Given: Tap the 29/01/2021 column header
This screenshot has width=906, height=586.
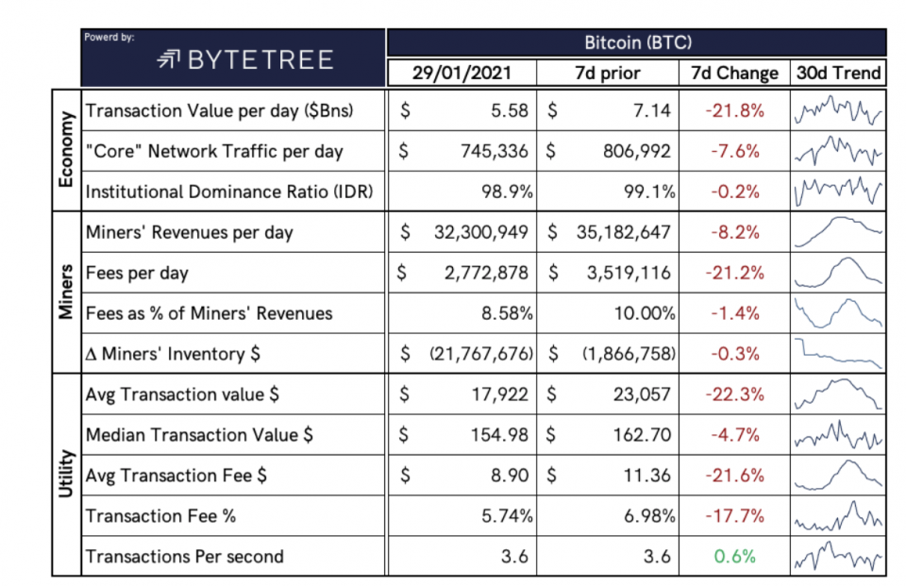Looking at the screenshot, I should (x=461, y=73).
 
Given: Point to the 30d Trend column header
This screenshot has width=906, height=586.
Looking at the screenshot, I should (x=838, y=73).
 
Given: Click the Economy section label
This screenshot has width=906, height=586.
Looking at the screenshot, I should (x=65, y=150).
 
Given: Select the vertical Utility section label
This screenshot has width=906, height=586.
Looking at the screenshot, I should (x=65, y=475).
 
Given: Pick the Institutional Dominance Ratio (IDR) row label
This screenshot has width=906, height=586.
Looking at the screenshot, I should (x=229, y=192).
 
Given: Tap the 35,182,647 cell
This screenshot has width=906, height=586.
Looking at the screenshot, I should (x=619, y=232).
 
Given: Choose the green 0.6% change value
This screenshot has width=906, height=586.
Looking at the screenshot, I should (x=734, y=556).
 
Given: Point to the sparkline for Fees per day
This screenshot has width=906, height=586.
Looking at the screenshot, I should (x=838, y=273).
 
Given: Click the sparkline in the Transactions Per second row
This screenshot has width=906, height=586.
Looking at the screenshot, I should (x=838, y=556).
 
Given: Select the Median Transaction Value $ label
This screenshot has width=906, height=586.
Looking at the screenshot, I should (x=200, y=435).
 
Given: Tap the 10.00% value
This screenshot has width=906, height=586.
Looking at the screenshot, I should (x=645, y=313).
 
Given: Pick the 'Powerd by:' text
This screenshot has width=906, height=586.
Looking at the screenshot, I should (x=109, y=38).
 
